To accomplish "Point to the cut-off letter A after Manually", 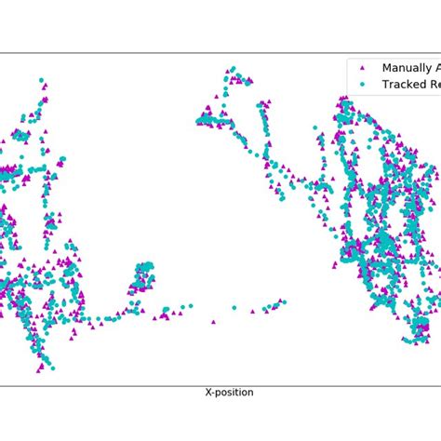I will [x=436, y=68].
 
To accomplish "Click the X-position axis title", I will [x=229, y=393].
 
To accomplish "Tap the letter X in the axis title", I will [x=208, y=393].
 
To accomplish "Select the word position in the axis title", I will [x=234, y=393].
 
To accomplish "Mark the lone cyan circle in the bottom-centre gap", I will [x=234, y=307].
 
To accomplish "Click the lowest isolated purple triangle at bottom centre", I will [x=213, y=322].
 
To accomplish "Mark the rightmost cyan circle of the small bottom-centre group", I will [x=283, y=301].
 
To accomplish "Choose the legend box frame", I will [x=348, y=76].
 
